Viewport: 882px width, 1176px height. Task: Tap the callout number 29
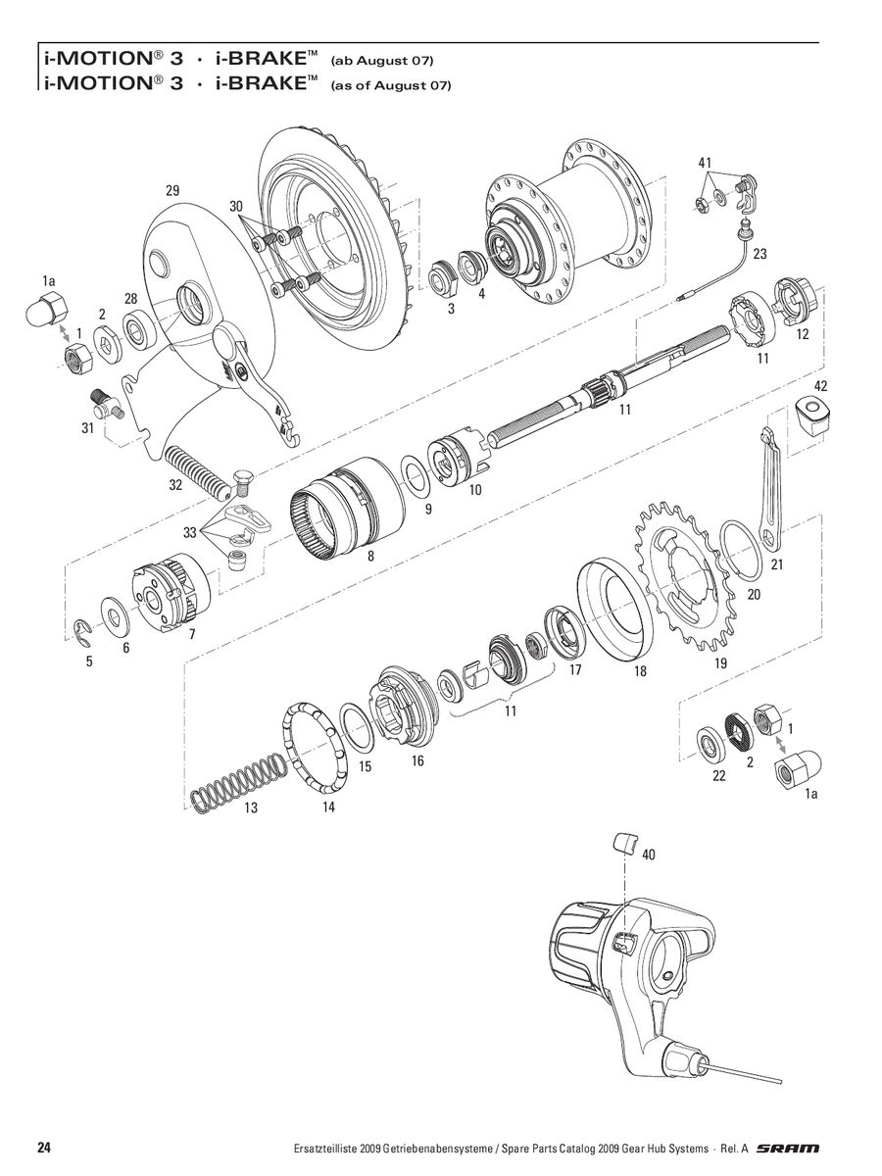pos(172,191)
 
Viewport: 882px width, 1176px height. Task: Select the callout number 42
pos(820,386)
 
